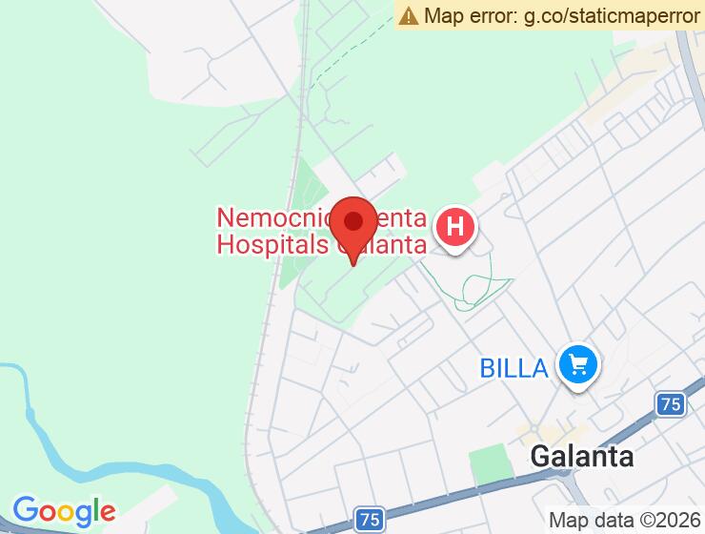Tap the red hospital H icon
pyautogui.click(x=455, y=229)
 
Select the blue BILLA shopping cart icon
pyautogui.click(x=577, y=364)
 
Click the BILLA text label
pyautogui.click(x=514, y=367)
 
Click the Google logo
pyautogui.click(x=64, y=512)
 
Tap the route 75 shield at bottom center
pyautogui.click(x=370, y=520)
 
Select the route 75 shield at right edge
pyautogui.click(x=671, y=404)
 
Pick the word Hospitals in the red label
pyautogui.click(x=272, y=245)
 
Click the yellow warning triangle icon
pyautogui.click(x=409, y=15)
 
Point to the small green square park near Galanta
pyautogui.click(x=489, y=465)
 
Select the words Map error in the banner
pyautogui.click(x=471, y=15)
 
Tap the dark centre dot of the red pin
pyautogui.click(x=354, y=221)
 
